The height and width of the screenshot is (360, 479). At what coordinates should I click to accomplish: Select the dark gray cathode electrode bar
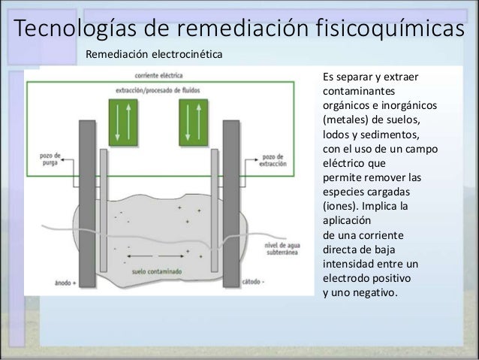[x=231, y=203]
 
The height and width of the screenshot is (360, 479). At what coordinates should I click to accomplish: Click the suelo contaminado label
[x=152, y=271]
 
